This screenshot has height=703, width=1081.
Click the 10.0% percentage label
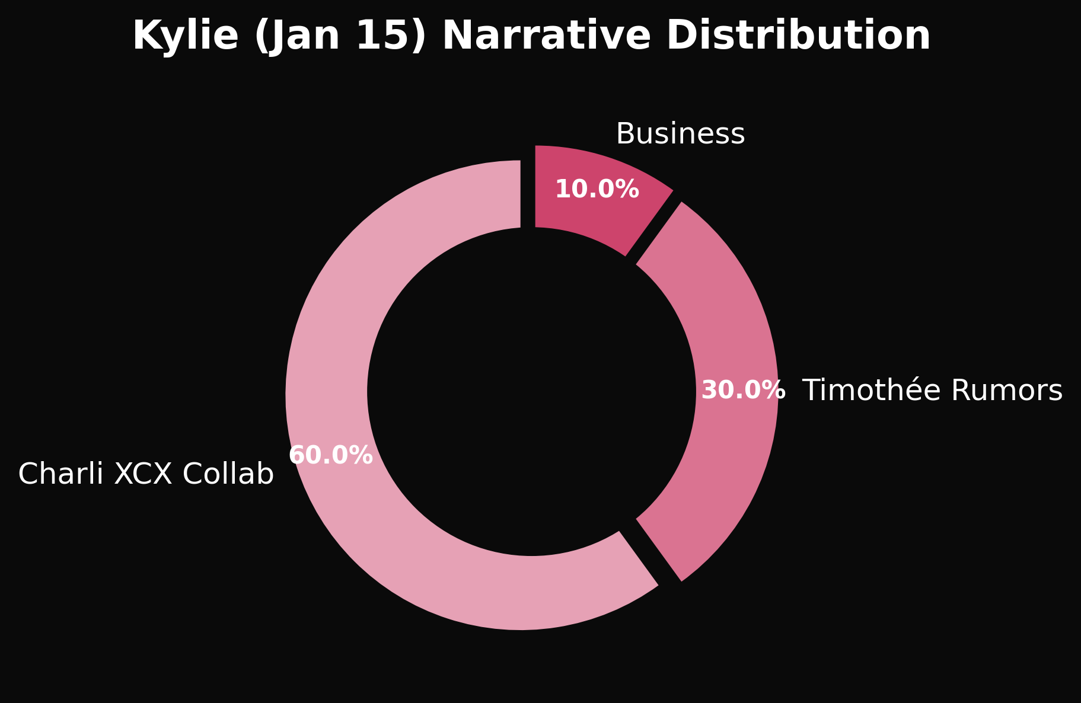point(597,190)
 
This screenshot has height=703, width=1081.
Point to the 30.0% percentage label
point(743,391)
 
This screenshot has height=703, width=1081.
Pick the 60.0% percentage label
point(330,456)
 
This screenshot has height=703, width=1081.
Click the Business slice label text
point(680,134)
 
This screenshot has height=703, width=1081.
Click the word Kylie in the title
point(184,36)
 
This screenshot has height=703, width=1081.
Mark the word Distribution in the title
point(798,36)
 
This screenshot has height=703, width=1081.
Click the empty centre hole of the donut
point(531,391)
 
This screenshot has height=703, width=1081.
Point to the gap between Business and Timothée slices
point(654,228)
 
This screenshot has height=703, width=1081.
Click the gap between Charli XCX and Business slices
point(528,190)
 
